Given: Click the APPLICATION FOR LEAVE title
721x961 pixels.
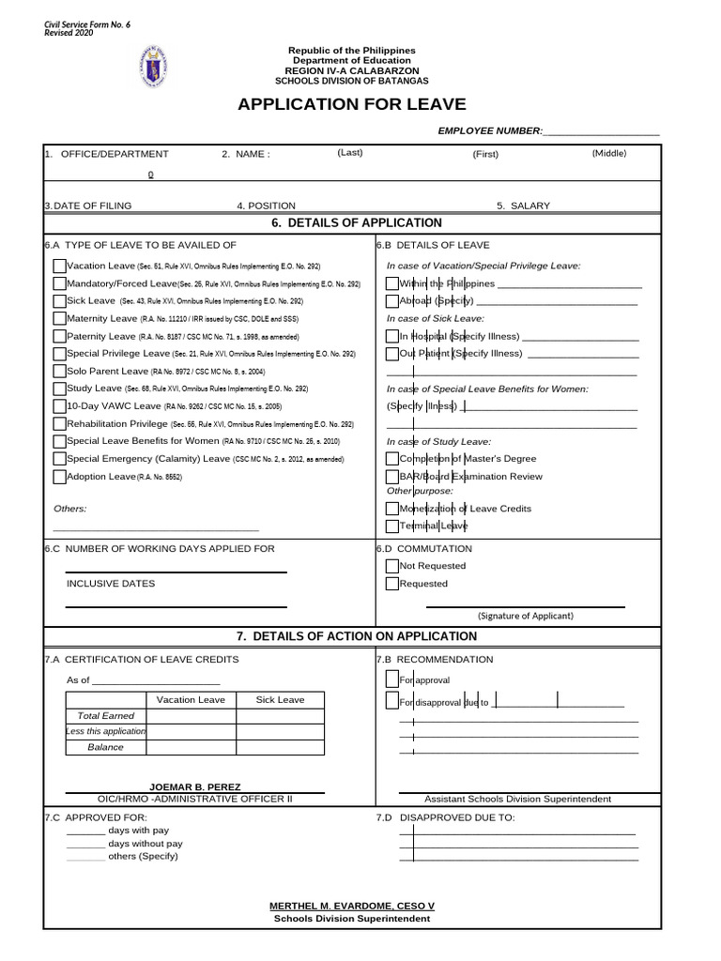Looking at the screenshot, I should pyautogui.click(x=351, y=104).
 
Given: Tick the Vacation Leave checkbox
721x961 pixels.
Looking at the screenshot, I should pyautogui.click(x=60, y=266).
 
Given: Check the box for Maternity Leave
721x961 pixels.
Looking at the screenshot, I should pyautogui.click(x=60, y=318).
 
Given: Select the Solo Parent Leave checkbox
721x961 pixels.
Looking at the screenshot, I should pyautogui.click(x=60, y=371).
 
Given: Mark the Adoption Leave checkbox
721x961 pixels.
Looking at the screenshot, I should pyautogui.click(x=60, y=477).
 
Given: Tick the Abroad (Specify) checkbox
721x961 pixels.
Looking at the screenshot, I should pyautogui.click(x=392, y=301).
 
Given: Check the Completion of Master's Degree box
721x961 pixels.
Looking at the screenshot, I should pyautogui.click(x=392, y=459).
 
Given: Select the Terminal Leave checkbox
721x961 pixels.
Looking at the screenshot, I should pyautogui.click(x=392, y=526).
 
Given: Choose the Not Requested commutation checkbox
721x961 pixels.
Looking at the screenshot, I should pyautogui.click(x=392, y=566).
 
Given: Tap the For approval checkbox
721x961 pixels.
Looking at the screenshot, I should pyautogui.click(x=392, y=679).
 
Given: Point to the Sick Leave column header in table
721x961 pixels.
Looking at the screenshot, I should pyautogui.click(x=280, y=700).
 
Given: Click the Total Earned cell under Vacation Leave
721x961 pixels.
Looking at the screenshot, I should pyautogui.click(x=191, y=716).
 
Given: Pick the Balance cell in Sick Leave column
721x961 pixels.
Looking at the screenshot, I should pyautogui.click(x=280, y=747).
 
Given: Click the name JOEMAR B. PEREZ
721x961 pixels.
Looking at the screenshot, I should pyautogui.click(x=195, y=786).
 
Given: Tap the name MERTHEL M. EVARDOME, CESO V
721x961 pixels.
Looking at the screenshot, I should pyautogui.click(x=352, y=906).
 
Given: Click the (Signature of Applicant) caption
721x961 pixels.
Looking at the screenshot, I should pyautogui.click(x=526, y=616).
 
